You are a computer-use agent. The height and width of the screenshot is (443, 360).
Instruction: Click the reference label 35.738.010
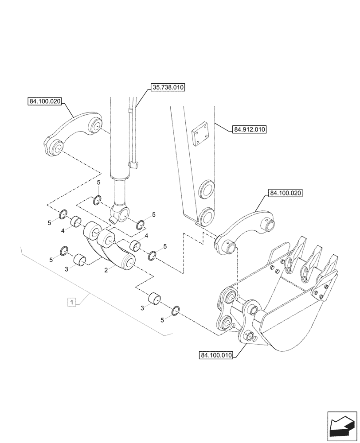point(168,88)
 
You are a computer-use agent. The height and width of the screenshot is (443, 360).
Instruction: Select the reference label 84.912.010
point(248,130)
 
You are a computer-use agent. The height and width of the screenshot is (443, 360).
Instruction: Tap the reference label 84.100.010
point(216,355)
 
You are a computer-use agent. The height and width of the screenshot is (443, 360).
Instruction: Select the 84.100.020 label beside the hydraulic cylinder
point(44,101)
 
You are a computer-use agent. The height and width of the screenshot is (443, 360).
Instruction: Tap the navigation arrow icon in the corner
point(342,425)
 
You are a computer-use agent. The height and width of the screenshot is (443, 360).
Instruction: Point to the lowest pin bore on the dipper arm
point(206,217)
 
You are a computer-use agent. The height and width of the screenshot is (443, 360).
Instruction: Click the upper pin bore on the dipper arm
point(206,191)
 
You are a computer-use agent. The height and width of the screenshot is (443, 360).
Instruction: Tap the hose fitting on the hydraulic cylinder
point(133,165)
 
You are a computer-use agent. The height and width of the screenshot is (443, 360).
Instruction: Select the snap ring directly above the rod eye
point(98,200)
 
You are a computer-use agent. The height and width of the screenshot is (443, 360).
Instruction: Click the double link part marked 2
point(109,248)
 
